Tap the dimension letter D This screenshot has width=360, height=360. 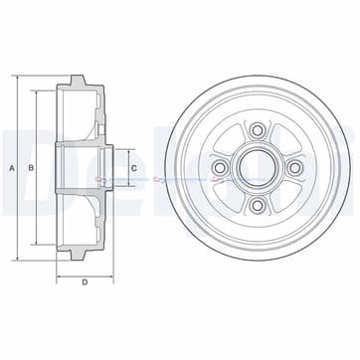point(86,282)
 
